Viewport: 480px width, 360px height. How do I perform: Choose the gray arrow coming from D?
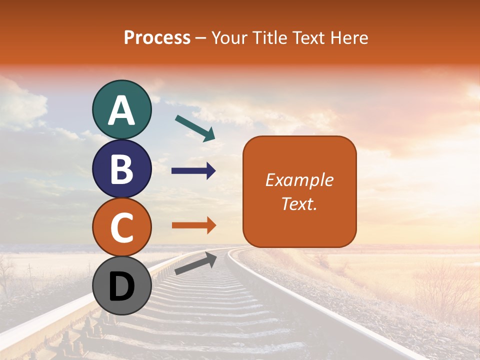click(x=195, y=263)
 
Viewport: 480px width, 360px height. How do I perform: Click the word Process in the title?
click(x=157, y=37)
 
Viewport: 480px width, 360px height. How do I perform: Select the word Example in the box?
click(x=299, y=180)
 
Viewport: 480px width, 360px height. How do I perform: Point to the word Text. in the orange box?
click(x=299, y=203)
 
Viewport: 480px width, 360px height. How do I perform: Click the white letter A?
click(x=121, y=110)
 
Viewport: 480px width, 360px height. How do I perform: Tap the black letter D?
click(x=121, y=287)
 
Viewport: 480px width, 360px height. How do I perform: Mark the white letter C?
click(x=121, y=227)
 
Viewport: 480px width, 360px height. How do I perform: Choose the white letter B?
click(x=121, y=169)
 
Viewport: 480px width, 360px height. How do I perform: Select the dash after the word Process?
click(x=201, y=38)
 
